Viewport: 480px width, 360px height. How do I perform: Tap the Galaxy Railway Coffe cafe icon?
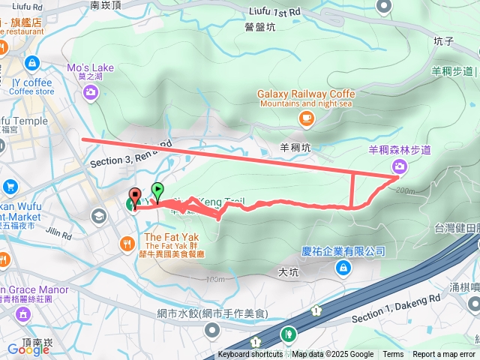[306, 118]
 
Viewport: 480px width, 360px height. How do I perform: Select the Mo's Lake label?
[91, 67]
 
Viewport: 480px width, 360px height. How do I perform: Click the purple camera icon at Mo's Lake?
[91, 92]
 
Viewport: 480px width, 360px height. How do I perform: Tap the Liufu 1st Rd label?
[274, 11]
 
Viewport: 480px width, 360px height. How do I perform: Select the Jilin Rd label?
[58, 232]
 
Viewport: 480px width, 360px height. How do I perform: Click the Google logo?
[28, 349]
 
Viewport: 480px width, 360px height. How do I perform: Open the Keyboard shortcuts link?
[250, 355]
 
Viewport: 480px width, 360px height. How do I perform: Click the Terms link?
[393, 355]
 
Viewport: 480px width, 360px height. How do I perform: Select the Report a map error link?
[444, 355]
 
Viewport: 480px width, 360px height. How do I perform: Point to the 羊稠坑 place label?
[295, 148]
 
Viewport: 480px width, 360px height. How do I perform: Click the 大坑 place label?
[289, 272]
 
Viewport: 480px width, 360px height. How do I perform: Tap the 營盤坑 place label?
[260, 27]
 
